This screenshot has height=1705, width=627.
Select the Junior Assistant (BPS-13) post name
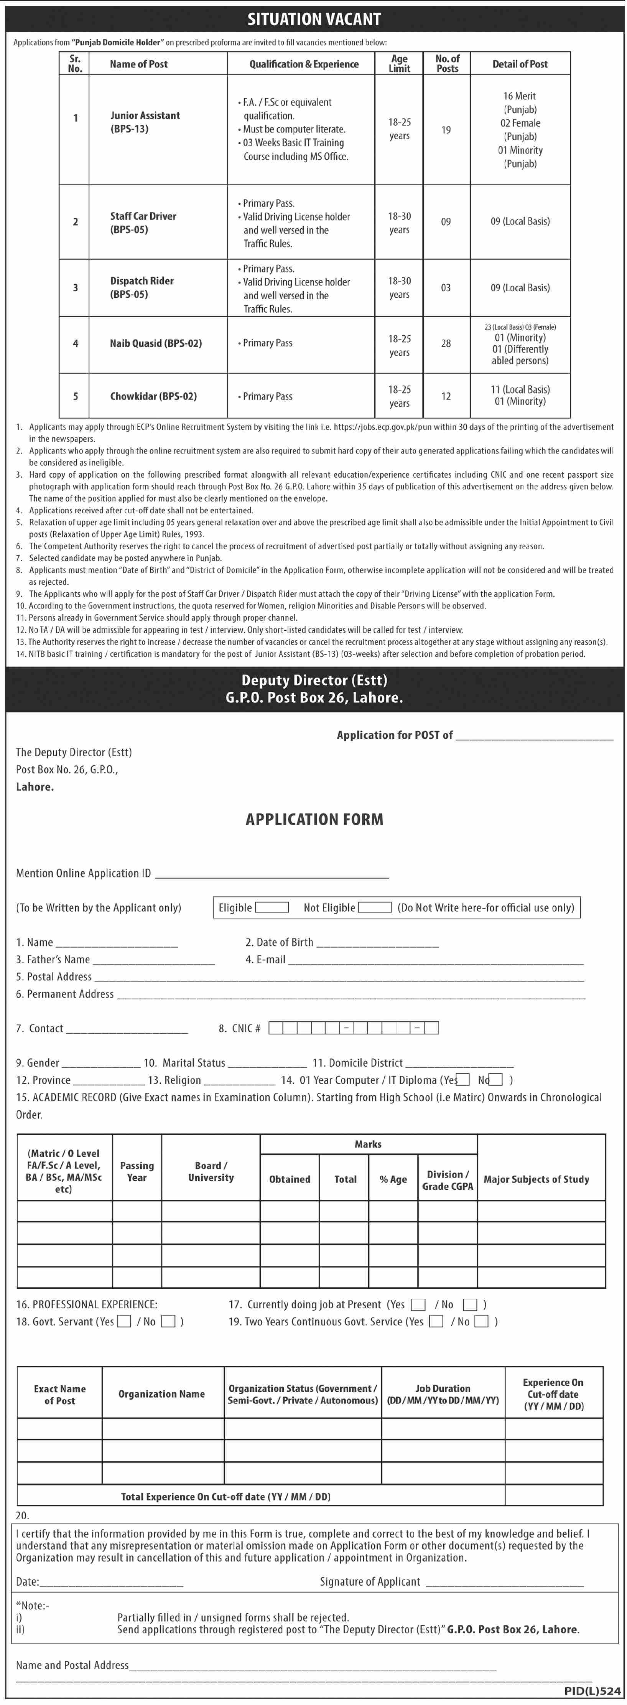pyautogui.click(x=145, y=122)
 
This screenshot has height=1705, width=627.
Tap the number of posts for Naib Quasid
pyautogui.click(x=446, y=343)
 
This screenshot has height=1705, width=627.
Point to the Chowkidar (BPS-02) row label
pyautogui.click(x=153, y=396)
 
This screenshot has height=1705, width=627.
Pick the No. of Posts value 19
pyautogui.click(x=446, y=130)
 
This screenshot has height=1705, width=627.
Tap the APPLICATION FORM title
pyautogui.click(x=314, y=820)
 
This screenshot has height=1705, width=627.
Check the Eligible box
pyautogui.click(x=272, y=907)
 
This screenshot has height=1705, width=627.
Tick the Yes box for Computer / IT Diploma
pyautogui.click(x=464, y=1080)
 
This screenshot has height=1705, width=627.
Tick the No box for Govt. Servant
pyautogui.click(x=168, y=1321)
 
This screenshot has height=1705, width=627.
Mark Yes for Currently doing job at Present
pyautogui.click(x=417, y=1304)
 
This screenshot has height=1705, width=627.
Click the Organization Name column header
pyautogui.click(x=161, y=1394)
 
